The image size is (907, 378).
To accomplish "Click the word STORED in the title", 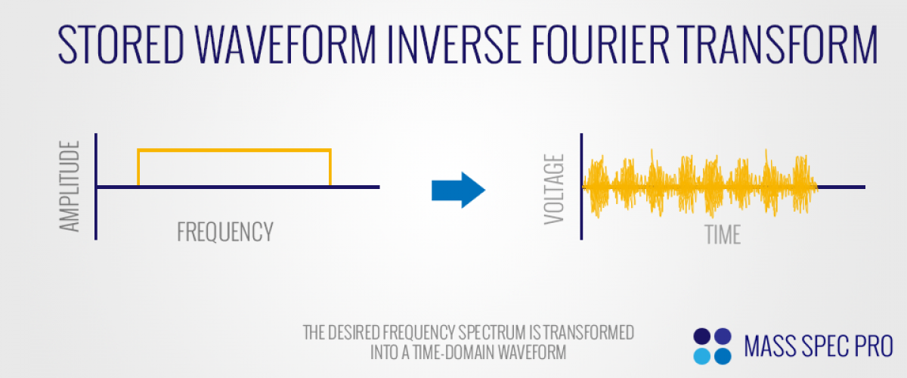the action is tap(121, 44).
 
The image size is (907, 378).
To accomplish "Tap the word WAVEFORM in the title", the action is tap(286, 44).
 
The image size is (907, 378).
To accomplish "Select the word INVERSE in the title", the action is tap(454, 44).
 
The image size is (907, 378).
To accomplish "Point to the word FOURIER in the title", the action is tap(600, 44).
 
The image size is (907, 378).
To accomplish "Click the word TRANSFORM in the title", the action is tap(777, 44).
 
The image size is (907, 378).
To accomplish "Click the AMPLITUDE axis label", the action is tap(70, 186).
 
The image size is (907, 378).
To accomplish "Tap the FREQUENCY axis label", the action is tap(225, 232).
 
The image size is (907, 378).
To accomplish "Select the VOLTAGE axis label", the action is tap(554, 189).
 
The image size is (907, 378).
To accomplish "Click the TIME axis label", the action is tap(723, 234).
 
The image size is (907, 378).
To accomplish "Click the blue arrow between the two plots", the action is tap(458, 190).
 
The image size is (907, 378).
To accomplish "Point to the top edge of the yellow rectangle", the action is tap(234, 150).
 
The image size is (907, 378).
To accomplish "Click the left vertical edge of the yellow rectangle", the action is tap(138, 168).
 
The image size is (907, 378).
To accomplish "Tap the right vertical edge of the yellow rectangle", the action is tap(330, 168).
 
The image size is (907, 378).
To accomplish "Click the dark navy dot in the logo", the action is tap(701, 336).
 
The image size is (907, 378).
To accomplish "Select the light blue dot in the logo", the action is tap(701, 357).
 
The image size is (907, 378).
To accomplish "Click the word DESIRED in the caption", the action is tap(354, 333).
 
